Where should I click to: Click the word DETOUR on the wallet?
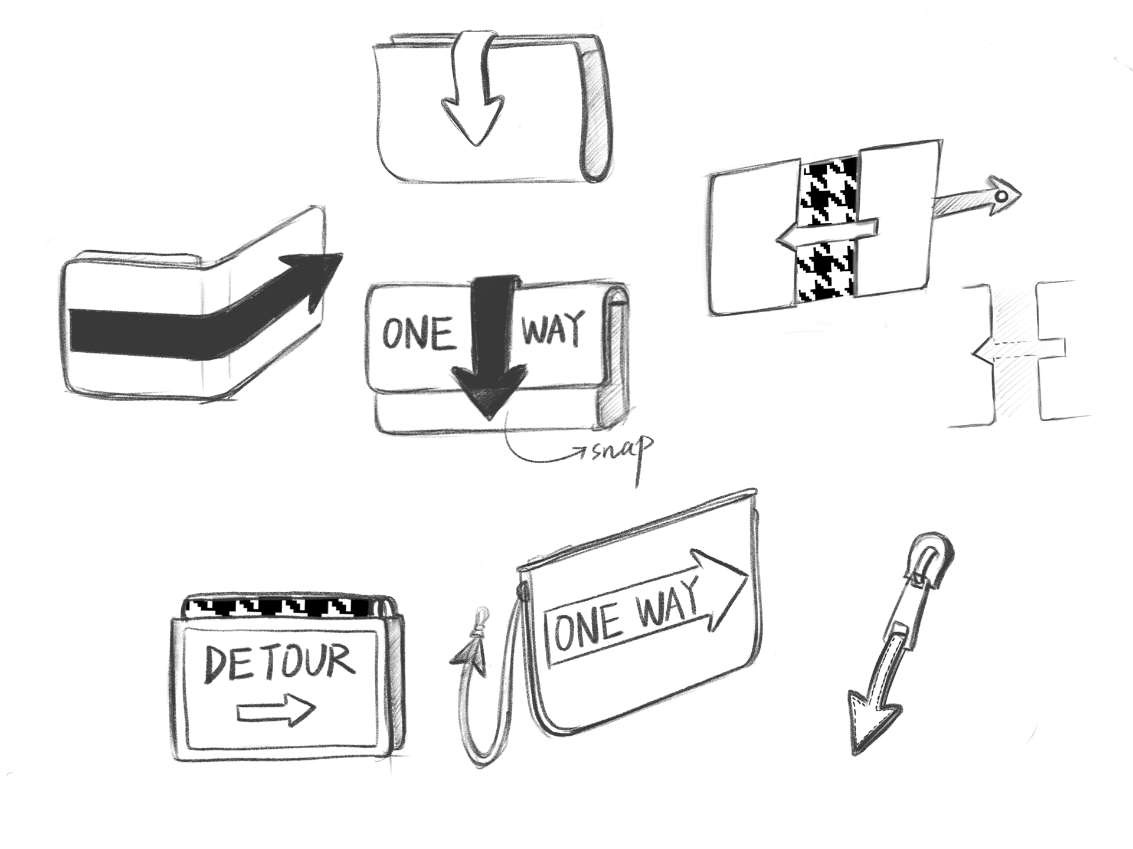tap(279, 662)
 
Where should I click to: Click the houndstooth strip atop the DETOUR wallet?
tap(277, 606)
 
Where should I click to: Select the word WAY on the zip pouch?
tap(667, 603)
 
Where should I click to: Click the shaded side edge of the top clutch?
tap(596, 112)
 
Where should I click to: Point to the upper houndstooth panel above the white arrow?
tap(829, 192)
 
